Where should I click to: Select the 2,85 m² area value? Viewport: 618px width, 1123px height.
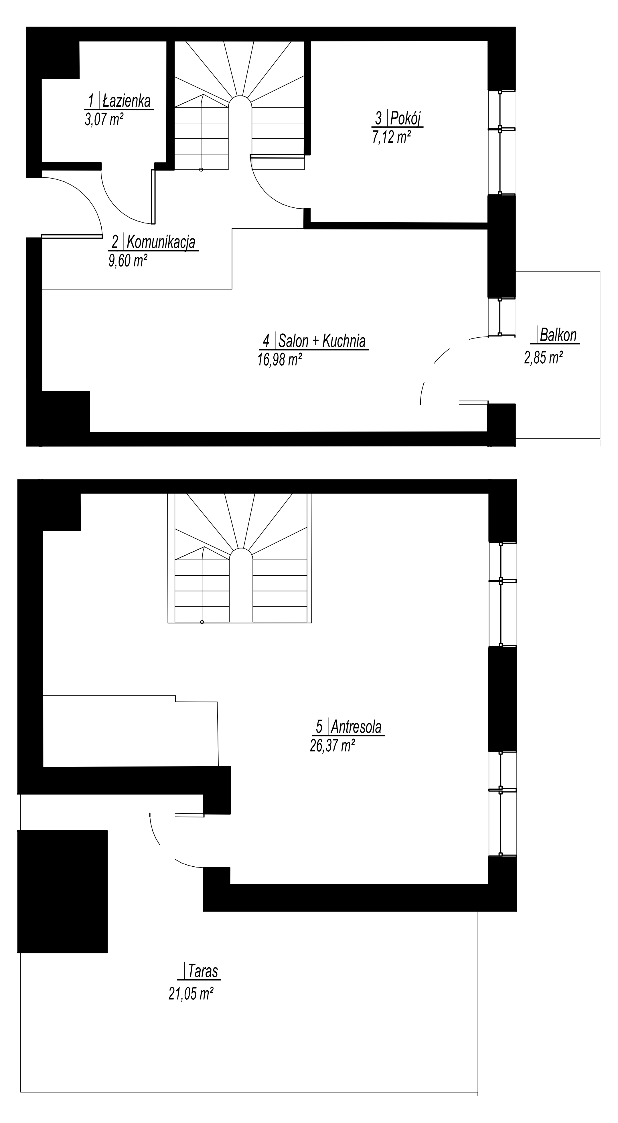(x=543, y=358)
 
